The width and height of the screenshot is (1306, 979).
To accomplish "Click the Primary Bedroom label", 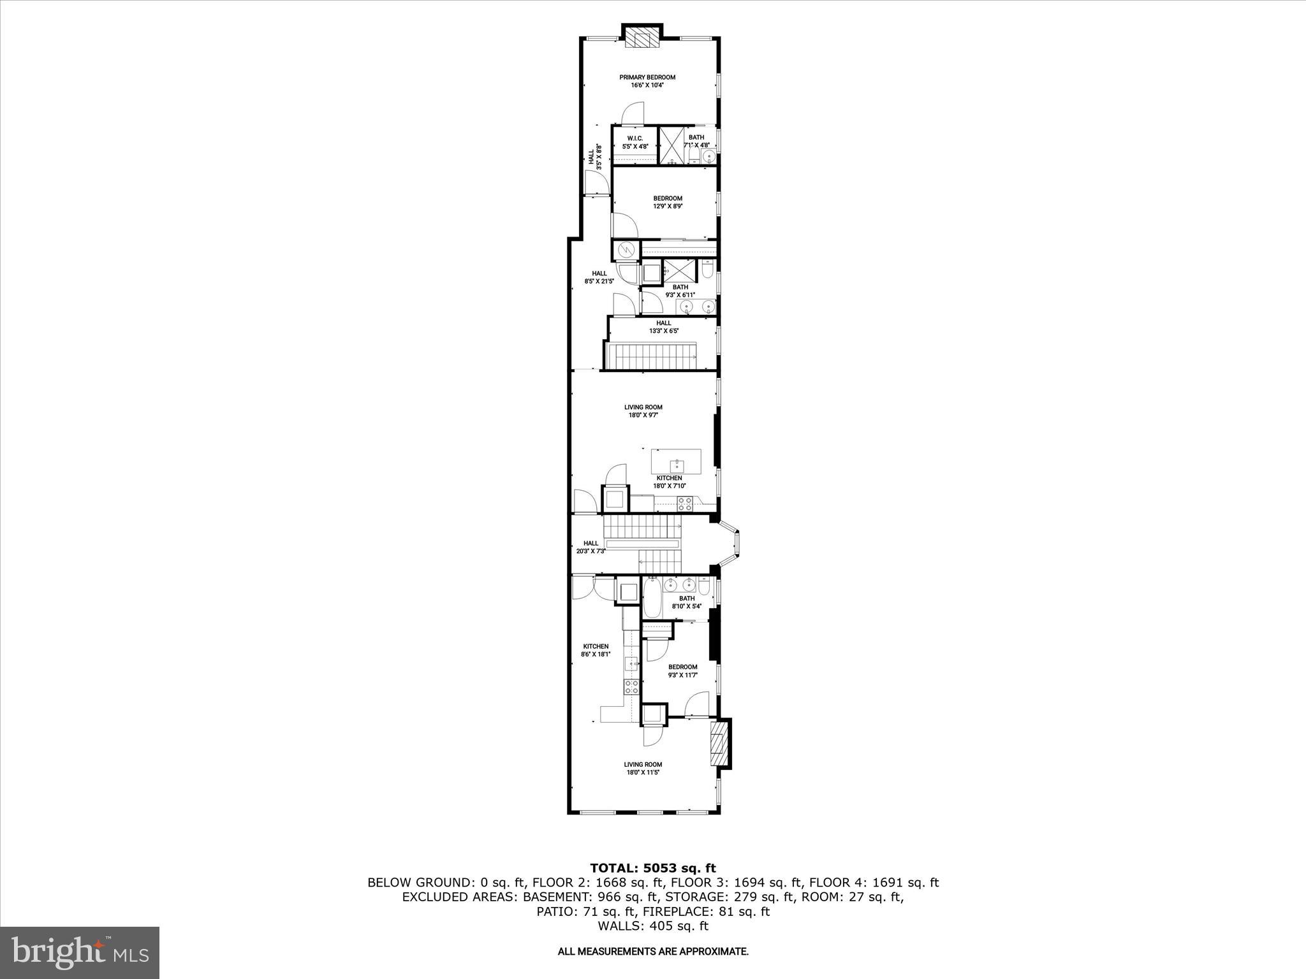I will pyautogui.click(x=647, y=81).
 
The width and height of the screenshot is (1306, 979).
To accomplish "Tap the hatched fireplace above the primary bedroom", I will pyautogui.click(x=642, y=38).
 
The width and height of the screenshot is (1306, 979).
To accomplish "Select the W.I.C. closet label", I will pyautogui.click(x=635, y=142).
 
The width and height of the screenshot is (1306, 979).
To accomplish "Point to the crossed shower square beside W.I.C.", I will pyautogui.click(x=671, y=146).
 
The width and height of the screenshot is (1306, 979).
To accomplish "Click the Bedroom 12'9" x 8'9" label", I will pyautogui.click(x=668, y=202).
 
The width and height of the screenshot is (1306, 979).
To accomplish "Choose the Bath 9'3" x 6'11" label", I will pyautogui.click(x=680, y=291).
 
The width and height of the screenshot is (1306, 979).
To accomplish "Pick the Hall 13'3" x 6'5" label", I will pyautogui.click(x=664, y=327).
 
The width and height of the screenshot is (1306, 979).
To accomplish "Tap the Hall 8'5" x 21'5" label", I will pyautogui.click(x=599, y=277).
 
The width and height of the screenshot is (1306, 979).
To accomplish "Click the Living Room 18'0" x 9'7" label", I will pyautogui.click(x=643, y=411).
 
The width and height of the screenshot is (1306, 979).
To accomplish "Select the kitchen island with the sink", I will pyautogui.click(x=676, y=460).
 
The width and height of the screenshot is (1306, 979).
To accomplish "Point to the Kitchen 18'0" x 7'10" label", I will pyautogui.click(x=669, y=482).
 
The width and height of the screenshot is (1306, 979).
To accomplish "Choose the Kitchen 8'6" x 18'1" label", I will pyautogui.click(x=595, y=650).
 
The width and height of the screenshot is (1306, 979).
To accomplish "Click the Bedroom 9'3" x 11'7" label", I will pyautogui.click(x=682, y=671).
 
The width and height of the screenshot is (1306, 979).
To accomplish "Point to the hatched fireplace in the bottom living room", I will pyautogui.click(x=719, y=744).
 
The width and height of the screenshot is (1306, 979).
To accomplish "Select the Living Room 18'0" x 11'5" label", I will pyautogui.click(x=643, y=769).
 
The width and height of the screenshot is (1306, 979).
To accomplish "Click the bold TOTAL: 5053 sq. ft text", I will pyautogui.click(x=653, y=868).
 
